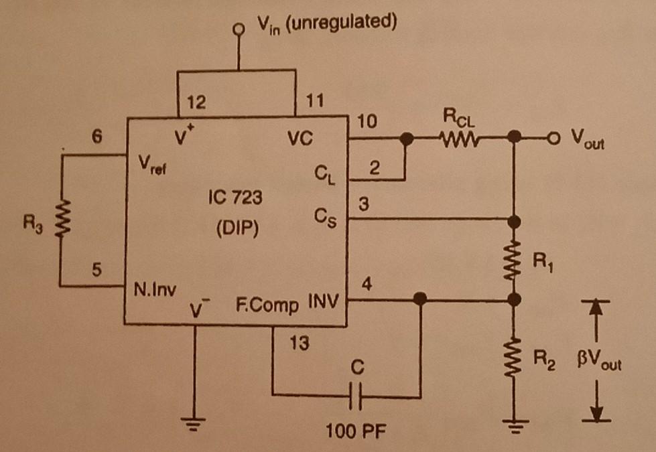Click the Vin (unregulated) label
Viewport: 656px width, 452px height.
point(324,25)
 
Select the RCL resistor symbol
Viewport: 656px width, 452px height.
point(458,140)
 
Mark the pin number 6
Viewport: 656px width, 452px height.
point(98,136)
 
